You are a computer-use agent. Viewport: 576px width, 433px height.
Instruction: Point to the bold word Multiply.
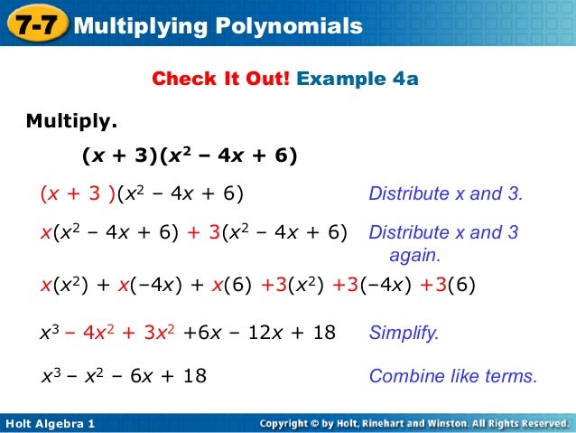tap(71, 120)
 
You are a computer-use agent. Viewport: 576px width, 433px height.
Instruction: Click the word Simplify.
tap(404, 333)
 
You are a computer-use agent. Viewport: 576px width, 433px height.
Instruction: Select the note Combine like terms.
tap(453, 376)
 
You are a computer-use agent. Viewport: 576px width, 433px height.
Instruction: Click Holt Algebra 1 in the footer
tap(51, 423)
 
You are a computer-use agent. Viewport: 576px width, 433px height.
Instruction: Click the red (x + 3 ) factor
tap(77, 194)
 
